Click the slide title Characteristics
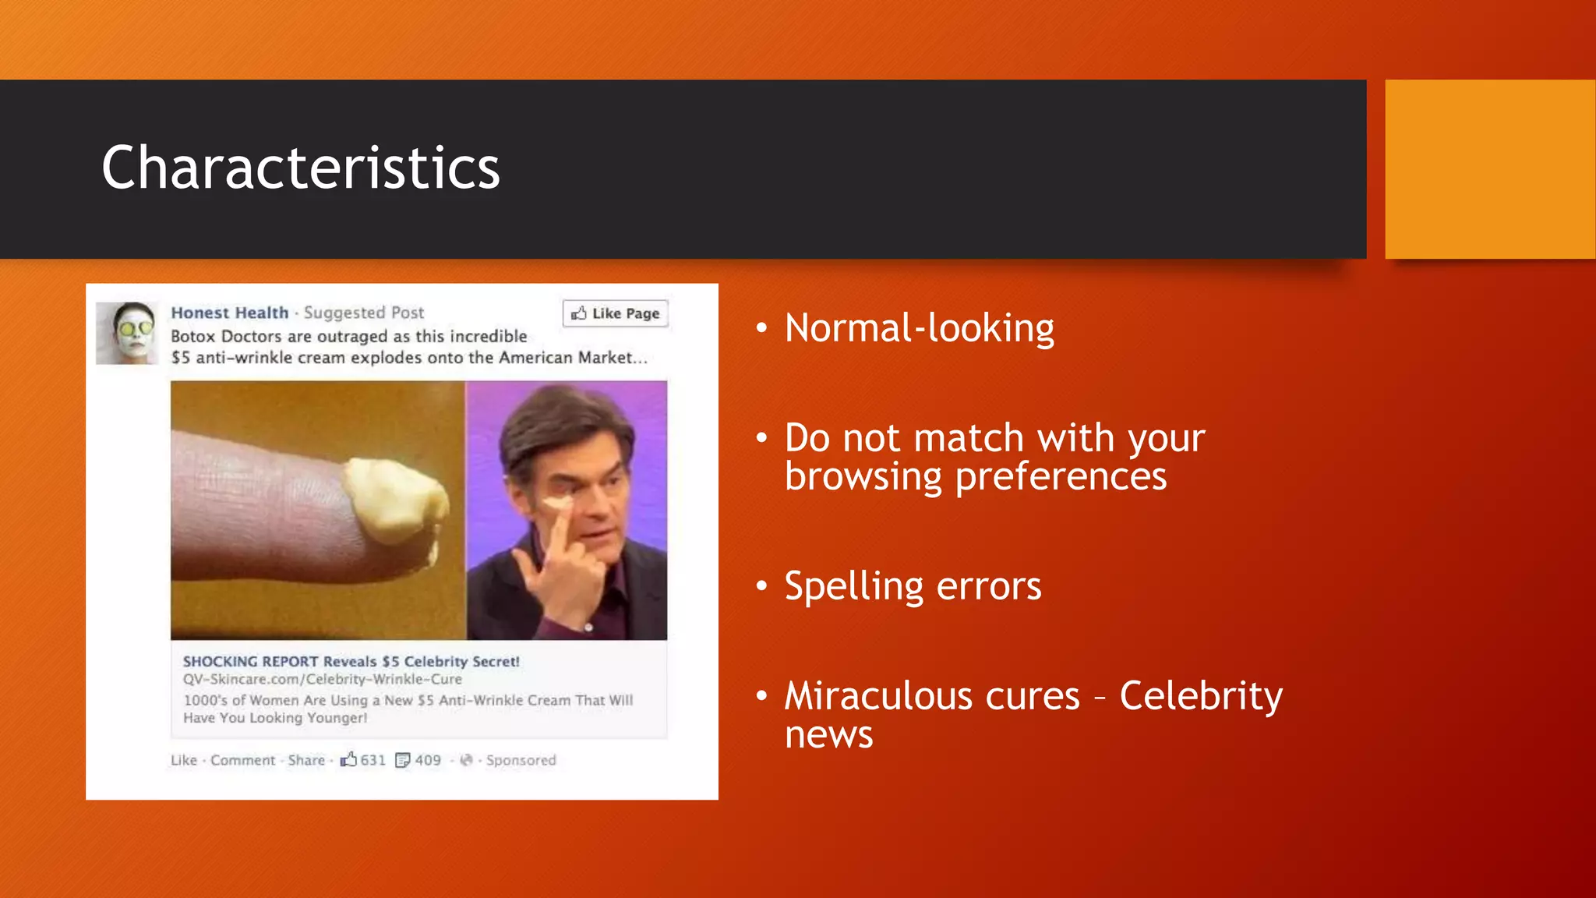click(300, 168)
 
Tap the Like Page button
click(616, 313)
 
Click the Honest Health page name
click(230, 313)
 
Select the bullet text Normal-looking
click(919, 328)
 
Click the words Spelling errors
click(912, 586)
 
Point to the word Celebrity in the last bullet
click(1200, 695)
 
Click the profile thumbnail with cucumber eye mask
click(127, 333)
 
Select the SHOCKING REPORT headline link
click(351, 661)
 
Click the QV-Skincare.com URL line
click(322, 679)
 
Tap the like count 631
click(373, 760)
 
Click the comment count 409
click(427, 760)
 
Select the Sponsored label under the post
click(521, 760)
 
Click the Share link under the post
click(306, 760)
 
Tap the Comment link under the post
click(242, 760)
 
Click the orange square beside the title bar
click(1489, 169)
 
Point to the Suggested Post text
click(364, 313)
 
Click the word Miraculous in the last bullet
click(932, 695)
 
